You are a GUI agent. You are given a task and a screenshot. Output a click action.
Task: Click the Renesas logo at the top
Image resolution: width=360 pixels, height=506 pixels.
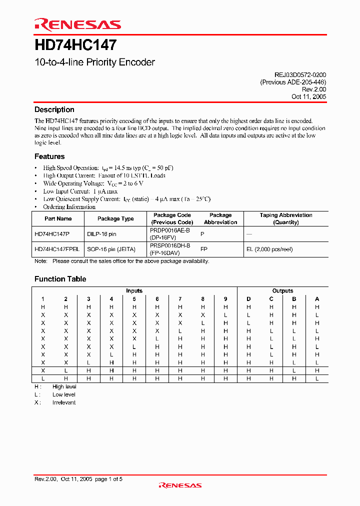point(77,24)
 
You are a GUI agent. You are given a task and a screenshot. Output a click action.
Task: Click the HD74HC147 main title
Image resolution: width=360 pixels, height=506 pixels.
point(75,45)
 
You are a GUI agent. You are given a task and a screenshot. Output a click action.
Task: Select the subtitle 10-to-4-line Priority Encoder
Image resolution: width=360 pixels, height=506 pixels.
point(94,62)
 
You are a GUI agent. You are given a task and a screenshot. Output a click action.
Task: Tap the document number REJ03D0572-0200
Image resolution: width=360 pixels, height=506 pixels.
point(293,74)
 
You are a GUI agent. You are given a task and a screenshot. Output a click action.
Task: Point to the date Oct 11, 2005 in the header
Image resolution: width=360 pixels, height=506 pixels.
point(308,97)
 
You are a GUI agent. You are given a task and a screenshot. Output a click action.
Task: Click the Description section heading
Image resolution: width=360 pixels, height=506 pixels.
point(54,110)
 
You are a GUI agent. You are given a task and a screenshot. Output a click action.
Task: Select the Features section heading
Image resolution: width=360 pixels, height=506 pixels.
point(49,156)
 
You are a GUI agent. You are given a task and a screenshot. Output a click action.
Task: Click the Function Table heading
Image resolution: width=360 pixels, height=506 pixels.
point(60,279)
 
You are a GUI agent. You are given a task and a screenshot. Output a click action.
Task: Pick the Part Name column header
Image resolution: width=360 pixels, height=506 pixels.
point(58,218)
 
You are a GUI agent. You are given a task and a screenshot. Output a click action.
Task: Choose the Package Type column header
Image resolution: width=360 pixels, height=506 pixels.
point(115,218)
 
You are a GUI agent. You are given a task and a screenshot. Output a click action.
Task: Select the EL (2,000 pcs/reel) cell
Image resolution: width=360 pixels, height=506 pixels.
point(269,249)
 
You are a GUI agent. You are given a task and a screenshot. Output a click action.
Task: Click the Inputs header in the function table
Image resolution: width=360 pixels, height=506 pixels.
point(134,290)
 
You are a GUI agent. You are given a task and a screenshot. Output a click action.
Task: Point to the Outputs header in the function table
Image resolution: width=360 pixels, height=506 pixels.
point(282,290)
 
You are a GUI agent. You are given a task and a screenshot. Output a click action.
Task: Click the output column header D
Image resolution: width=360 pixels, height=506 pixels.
point(248,299)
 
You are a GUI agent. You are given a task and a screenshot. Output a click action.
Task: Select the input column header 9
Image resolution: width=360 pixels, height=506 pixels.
point(225,299)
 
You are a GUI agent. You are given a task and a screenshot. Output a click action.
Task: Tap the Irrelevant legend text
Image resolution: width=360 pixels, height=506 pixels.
point(64,402)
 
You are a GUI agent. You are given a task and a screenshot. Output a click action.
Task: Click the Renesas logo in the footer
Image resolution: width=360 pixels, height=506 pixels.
point(180,485)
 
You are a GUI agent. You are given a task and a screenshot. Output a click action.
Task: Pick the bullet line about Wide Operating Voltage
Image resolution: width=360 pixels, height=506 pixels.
point(86,183)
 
